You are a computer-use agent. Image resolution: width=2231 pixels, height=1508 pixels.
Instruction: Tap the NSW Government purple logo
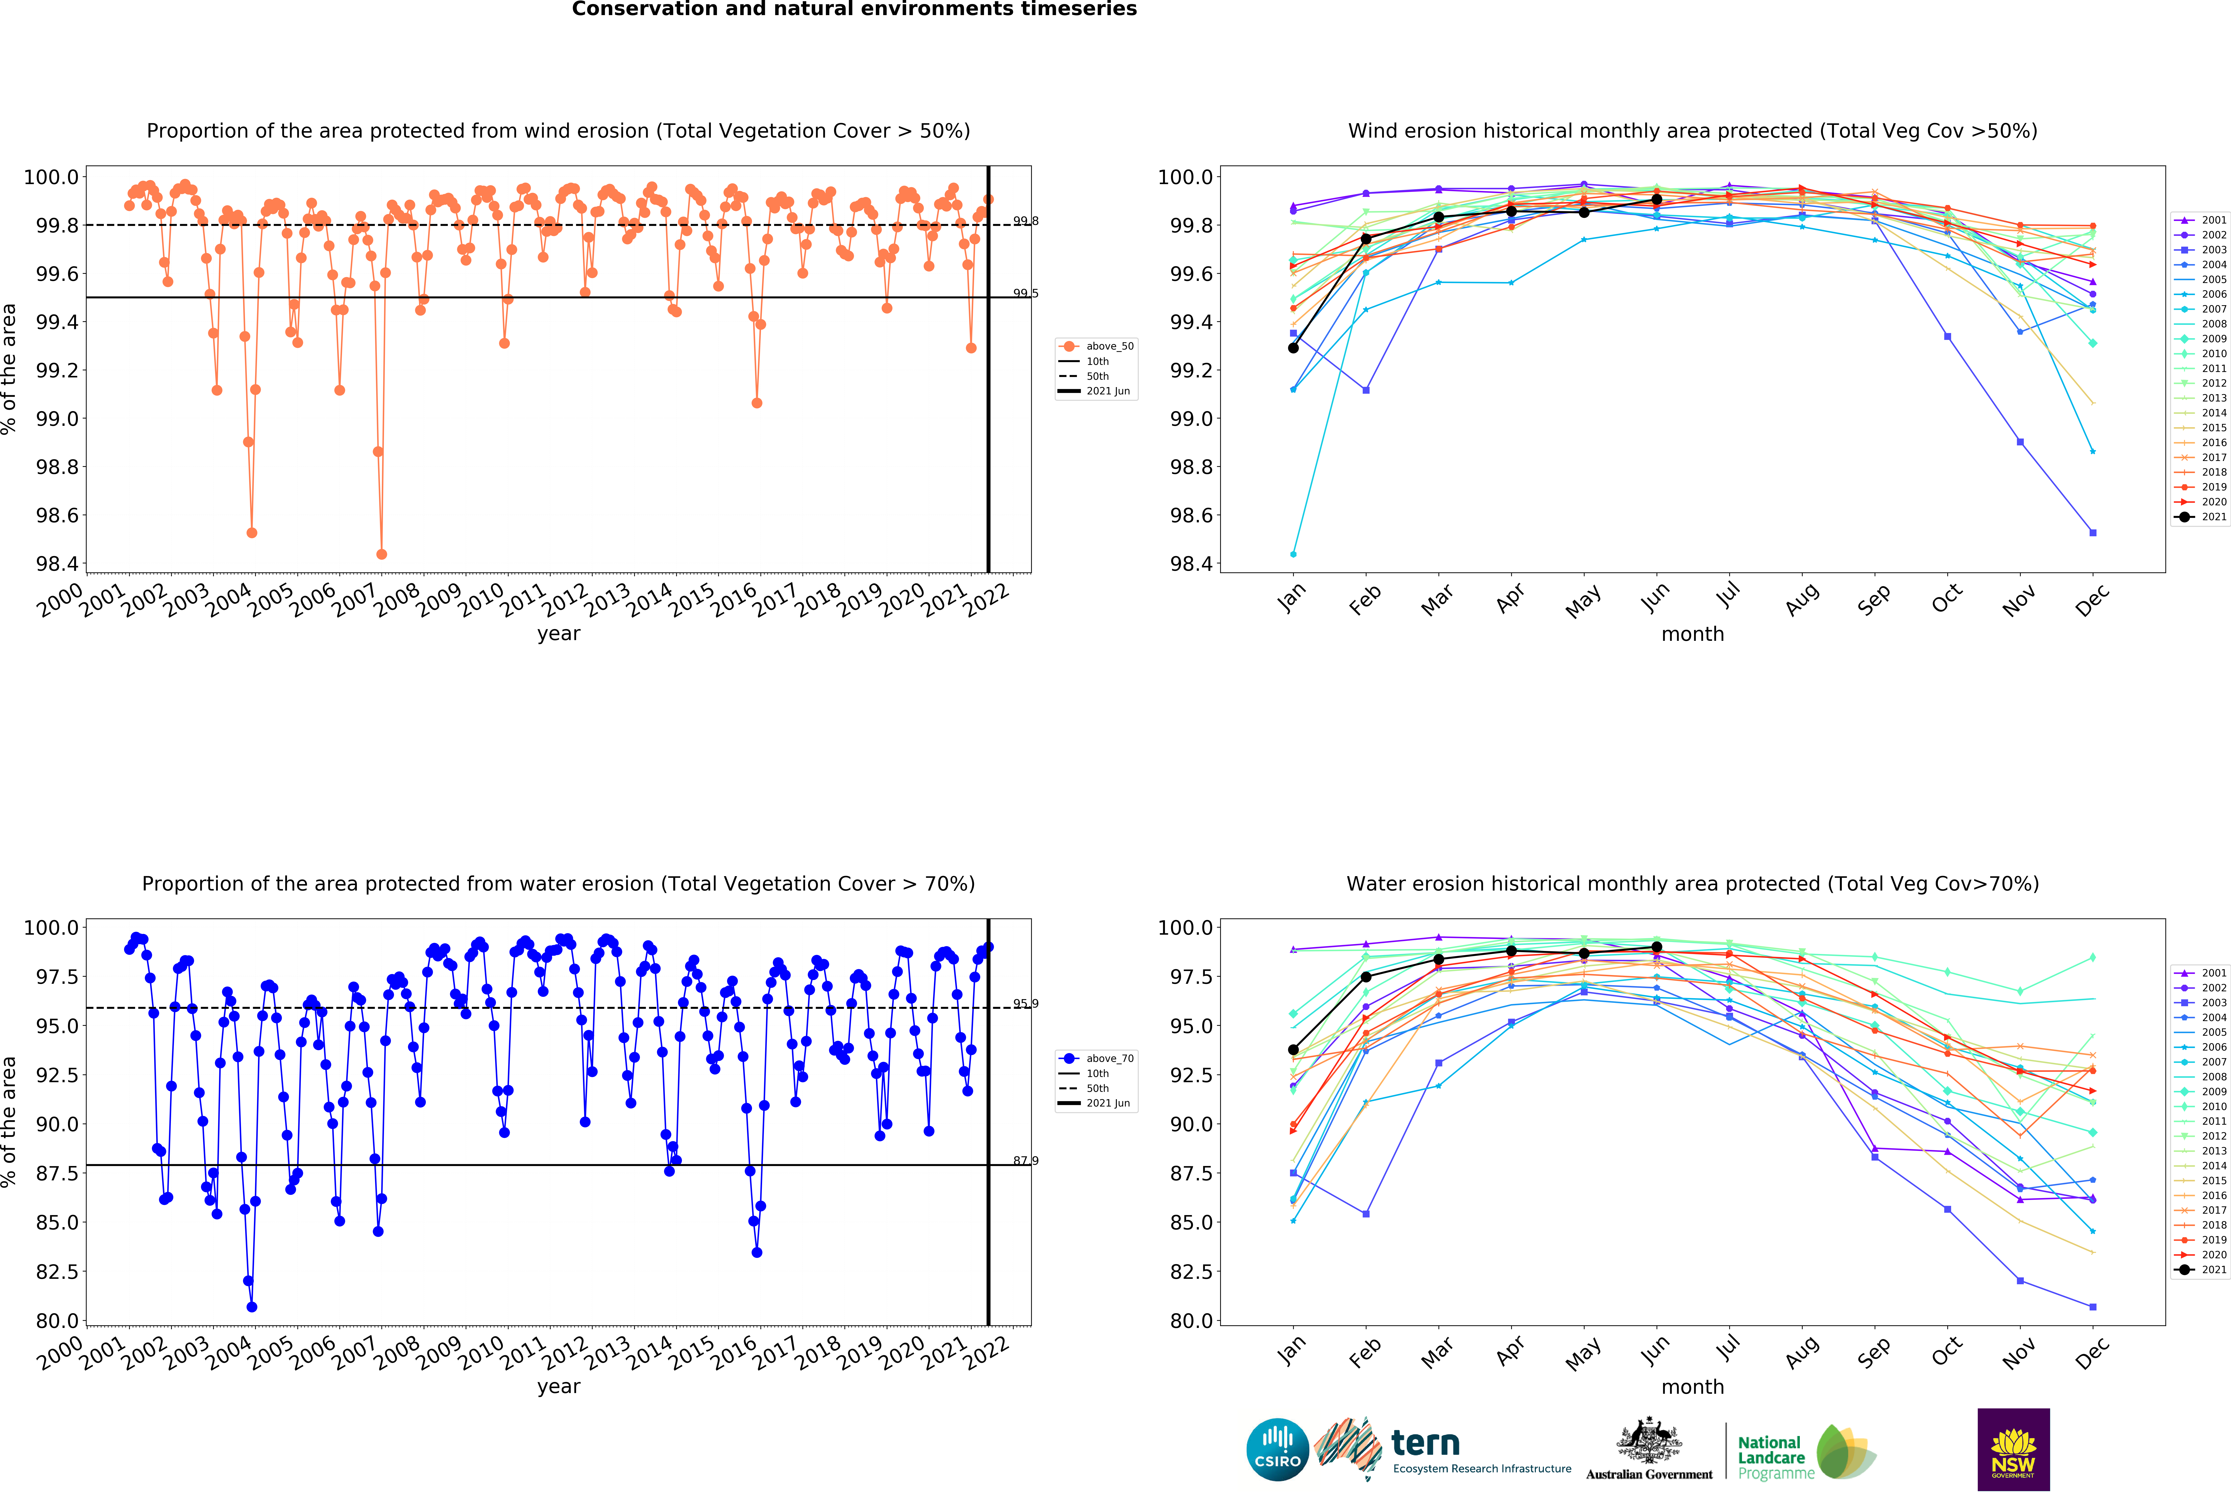(2013, 1449)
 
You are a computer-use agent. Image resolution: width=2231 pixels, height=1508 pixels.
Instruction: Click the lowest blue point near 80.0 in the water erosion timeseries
(252, 1306)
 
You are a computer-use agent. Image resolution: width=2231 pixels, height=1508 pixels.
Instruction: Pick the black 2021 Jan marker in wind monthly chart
(1293, 347)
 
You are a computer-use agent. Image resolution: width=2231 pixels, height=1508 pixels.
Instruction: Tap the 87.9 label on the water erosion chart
(1025, 1161)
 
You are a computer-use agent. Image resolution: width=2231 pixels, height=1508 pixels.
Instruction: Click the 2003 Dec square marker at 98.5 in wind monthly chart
(2093, 533)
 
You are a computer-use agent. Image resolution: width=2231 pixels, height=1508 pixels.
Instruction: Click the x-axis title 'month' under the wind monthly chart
(1692, 634)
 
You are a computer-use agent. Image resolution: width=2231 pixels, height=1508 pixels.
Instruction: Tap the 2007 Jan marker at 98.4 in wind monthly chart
(1293, 554)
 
